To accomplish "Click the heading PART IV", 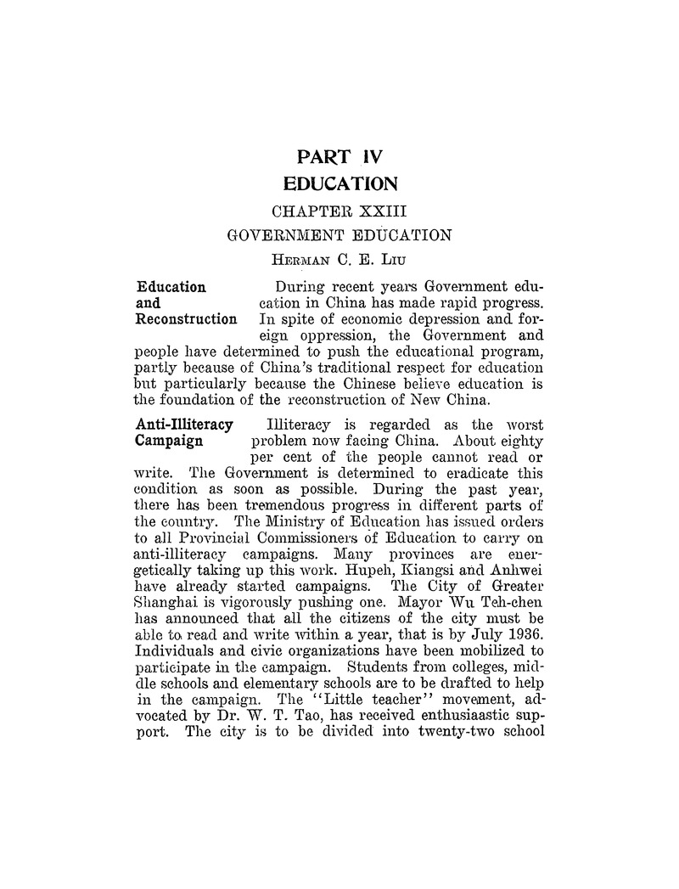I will (339, 155).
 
